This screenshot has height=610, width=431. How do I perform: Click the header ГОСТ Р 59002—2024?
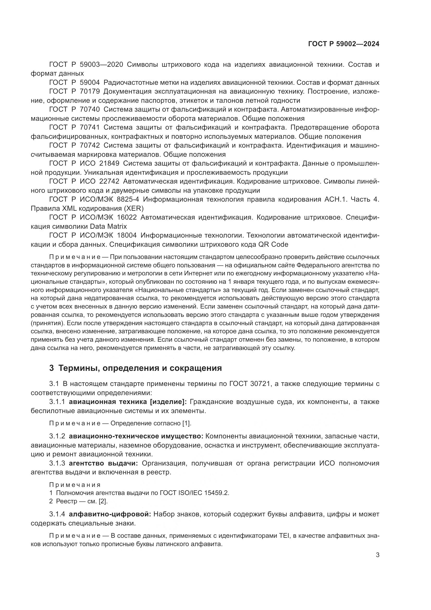click(x=344, y=44)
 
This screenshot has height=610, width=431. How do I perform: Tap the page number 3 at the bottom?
click(x=377, y=555)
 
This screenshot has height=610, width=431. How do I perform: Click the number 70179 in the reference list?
click(x=89, y=91)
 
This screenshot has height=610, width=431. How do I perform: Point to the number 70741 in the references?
click(x=89, y=128)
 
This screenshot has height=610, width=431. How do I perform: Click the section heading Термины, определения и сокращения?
click(x=140, y=368)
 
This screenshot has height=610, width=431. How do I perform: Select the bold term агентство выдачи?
click(x=103, y=463)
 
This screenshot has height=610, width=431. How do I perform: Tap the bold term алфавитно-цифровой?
click(x=110, y=514)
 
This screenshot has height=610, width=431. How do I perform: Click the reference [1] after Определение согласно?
click(x=187, y=423)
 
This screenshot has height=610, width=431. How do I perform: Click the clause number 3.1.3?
click(x=57, y=463)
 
